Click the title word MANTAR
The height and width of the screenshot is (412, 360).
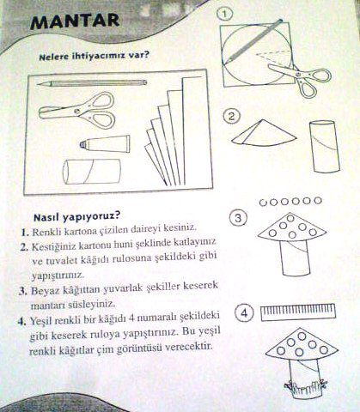pos(75,21)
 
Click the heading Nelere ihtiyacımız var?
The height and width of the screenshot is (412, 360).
pos(95,56)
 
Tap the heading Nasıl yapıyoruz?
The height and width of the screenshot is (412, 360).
pos(76,216)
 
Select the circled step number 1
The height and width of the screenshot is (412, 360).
pos(225,15)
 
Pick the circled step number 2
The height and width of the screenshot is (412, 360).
pos(231,117)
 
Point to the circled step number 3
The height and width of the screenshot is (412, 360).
pos(238,219)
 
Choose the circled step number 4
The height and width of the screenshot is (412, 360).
pos(244,313)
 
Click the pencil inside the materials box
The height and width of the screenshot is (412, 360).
pos(92,83)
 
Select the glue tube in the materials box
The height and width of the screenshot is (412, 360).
pos(105,143)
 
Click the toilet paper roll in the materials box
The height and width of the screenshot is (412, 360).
pos(92,172)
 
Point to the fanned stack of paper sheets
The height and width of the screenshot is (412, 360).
pos(174,131)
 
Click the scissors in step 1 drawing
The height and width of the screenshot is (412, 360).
pos(301,79)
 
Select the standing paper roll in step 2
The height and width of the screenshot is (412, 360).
pos(325,147)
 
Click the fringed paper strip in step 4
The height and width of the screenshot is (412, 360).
pos(298,312)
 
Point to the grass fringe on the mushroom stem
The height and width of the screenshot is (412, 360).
pos(306,386)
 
